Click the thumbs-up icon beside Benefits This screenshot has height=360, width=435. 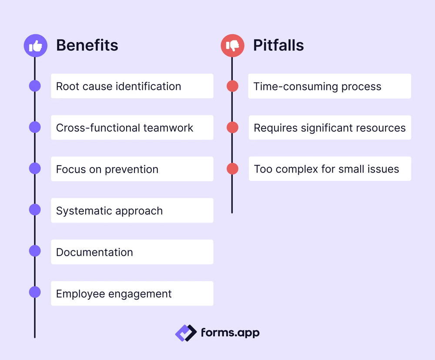click(x=35, y=45)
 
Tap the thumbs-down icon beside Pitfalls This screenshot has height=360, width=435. click(x=233, y=45)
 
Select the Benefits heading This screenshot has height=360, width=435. click(x=87, y=45)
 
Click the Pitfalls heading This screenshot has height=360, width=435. click(x=278, y=45)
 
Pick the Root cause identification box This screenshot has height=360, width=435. click(x=132, y=86)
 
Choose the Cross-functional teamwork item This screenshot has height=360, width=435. click(x=132, y=127)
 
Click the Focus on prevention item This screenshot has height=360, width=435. click(x=132, y=169)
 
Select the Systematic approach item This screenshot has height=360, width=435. click(x=132, y=210)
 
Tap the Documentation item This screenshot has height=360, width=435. click(x=132, y=252)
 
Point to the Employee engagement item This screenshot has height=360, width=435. click(x=132, y=293)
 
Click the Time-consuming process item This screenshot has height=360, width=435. click(x=329, y=86)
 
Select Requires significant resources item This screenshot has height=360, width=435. click(x=329, y=127)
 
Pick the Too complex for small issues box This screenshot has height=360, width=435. click(x=329, y=169)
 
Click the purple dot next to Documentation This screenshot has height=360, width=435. click(x=35, y=251)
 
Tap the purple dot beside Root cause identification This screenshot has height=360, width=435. click(x=35, y=86)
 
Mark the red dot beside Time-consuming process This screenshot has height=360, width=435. click(x=233, y=86)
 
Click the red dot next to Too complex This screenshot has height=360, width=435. click(x=233, y=169)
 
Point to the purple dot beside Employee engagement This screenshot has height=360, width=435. click(x=35, y=292)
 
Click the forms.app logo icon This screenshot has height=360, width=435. click(x=186, y=333)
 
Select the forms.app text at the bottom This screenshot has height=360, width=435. click(x=230, y=333)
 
